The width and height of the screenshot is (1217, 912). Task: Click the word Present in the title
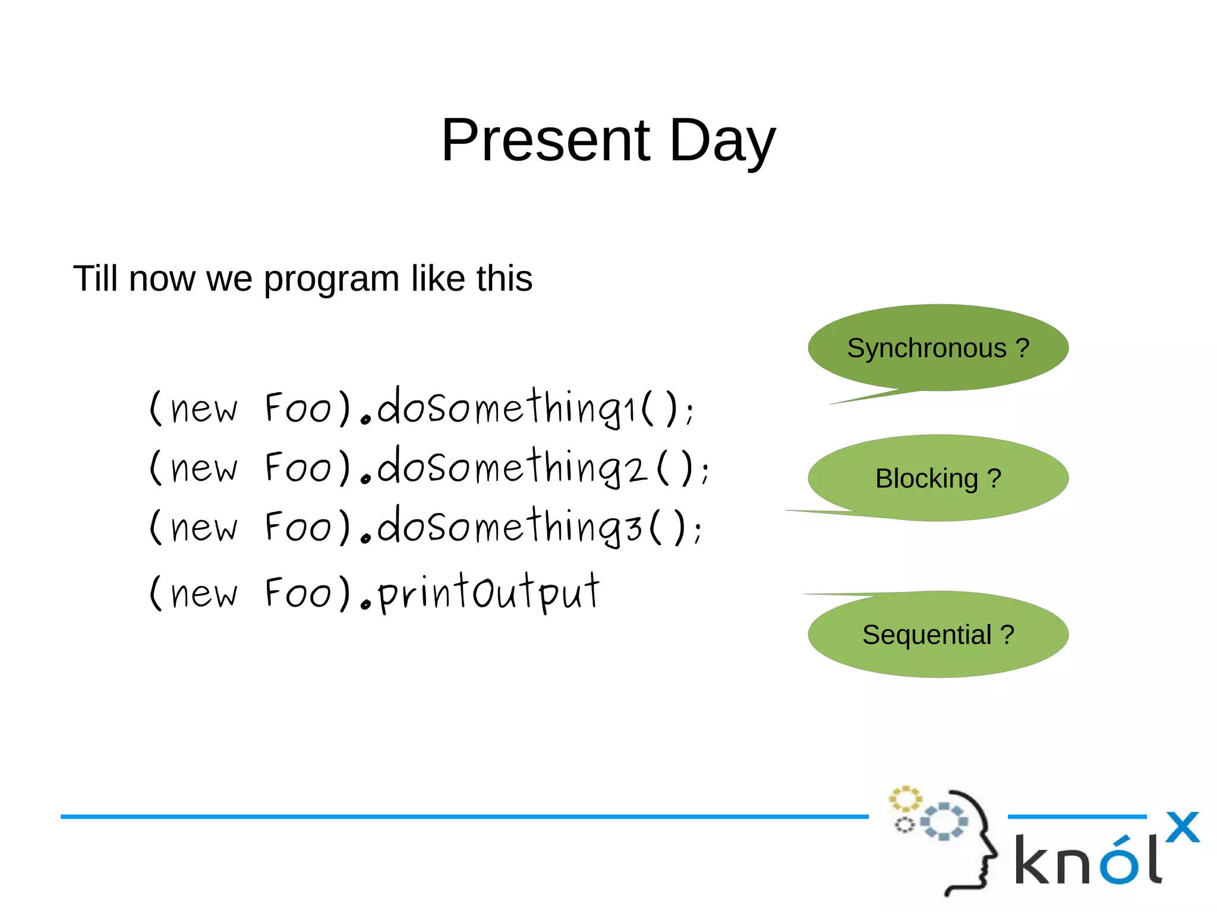click(x=546, y=140)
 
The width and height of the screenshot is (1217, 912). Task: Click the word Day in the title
click(x=722, y=141)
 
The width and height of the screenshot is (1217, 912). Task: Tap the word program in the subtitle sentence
click(x=332, y=279)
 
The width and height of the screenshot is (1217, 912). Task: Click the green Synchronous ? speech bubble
click(x=938, y=348)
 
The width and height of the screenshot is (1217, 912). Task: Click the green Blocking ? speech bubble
click(x=938, y=478)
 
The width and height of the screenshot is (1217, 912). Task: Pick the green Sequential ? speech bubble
click(x=938, y=635)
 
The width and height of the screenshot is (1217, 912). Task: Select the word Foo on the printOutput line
click(x=297, y=594)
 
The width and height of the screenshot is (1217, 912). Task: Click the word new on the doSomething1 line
click(x=203, y=410)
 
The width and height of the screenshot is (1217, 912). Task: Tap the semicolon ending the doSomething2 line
click(x=704, y=472)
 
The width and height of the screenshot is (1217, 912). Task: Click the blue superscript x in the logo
click(x=1182, y=827)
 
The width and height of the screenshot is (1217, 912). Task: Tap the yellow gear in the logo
click(x=905, y=799)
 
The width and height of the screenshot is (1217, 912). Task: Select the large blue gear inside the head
click(x=944, y=821)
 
